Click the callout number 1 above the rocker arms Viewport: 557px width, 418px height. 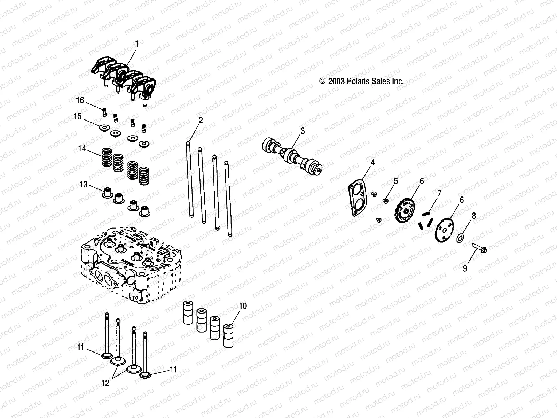136,44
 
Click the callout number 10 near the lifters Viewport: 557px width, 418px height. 243,306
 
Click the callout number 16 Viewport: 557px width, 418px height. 80,100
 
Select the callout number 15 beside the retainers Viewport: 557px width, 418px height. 77,116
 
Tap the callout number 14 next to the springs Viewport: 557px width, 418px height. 82,149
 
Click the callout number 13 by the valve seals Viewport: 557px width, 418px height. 84,184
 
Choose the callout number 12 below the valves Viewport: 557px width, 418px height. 105,383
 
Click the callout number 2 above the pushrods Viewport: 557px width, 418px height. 201,121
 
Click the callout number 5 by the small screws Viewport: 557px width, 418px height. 395,181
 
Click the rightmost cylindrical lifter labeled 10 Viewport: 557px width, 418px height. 228,336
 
